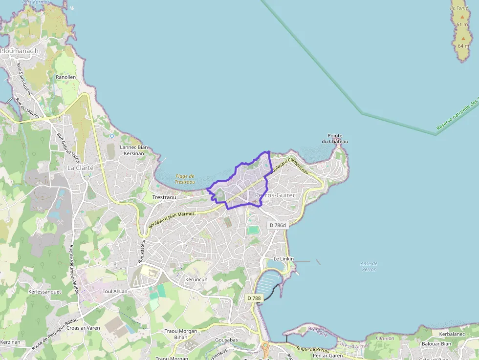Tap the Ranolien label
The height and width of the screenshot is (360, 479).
65,77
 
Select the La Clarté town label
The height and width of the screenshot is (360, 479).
80,168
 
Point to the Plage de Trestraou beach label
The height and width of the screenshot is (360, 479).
185,179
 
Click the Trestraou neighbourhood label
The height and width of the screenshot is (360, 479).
164,197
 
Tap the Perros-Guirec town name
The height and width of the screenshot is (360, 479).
276,195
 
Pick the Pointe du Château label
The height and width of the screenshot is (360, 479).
335,139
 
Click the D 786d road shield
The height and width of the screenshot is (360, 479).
278,225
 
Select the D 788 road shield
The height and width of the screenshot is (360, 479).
254,298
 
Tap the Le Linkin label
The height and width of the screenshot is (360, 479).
283,258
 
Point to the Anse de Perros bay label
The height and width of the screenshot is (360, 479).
369,266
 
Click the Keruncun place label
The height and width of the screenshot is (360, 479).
196,279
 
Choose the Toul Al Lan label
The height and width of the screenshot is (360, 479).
115,291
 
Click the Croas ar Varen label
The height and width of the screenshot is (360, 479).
83,328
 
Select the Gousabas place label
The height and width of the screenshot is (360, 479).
226,339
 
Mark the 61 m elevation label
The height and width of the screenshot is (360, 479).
462,24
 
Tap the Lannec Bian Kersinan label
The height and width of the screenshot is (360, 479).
134,150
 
